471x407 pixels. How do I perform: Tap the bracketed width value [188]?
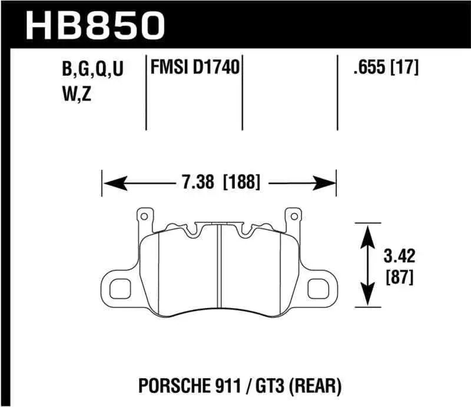coord(241,182)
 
